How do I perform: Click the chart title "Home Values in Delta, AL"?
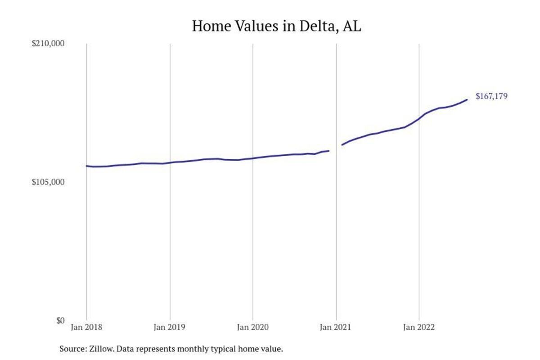(x=276, y=26)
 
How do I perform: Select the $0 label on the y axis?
(x=60, y=320)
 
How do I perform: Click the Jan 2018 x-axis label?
(x=86, y=328)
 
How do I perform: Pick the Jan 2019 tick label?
(x=170, y=328)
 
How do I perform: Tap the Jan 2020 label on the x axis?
(x=253, y=328)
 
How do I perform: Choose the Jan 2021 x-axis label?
(x=336, y=328)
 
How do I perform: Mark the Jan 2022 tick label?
(x=419, y=328)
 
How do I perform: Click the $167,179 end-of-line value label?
(x=491, y=96)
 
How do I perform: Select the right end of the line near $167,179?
(x=467, y=99)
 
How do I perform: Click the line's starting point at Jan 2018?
(x=86, y=166)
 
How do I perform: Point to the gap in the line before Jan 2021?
(x=336, y=148)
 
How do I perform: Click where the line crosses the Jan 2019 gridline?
(x=170, y=162)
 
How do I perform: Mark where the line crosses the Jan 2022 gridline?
(x=419, y=118)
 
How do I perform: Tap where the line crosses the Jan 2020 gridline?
(x=253, y=158)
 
